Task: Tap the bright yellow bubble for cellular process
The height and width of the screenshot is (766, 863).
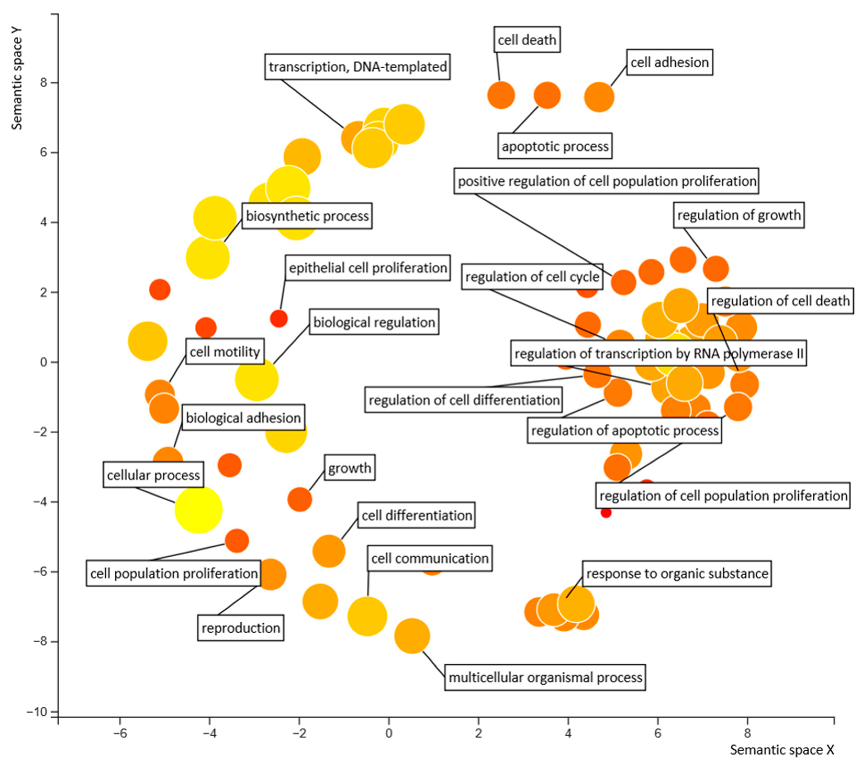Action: (198, 509)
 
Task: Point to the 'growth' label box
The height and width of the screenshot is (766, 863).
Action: (350, 468)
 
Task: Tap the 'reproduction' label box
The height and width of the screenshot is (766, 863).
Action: (241, 628)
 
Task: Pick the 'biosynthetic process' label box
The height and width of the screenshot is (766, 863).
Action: (307, 216)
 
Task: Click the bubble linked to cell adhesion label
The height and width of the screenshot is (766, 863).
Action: (599, 97)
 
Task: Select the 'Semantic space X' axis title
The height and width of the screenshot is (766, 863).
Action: (782, 750)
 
